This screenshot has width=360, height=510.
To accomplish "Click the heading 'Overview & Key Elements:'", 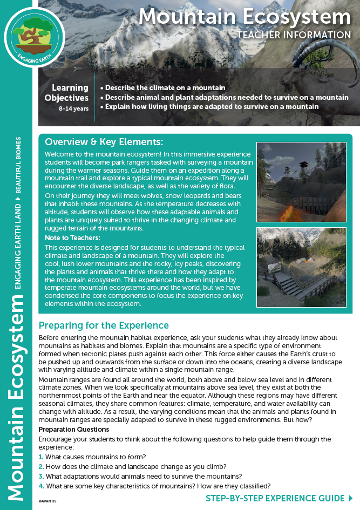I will pyautogui.click(x=104, y=142).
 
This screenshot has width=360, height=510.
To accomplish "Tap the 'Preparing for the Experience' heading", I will pyautogui.click(x=104, y=325).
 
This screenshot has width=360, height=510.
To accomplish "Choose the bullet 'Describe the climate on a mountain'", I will pyautogui.click(x=165, y=87).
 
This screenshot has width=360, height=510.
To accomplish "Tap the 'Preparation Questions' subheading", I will pyautogui.click(x=74, y=430).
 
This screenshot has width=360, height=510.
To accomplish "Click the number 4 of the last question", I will pyautogui.click(x=40, y=486).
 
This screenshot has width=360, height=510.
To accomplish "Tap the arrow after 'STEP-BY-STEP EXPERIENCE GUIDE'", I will pyautogui.click(x=351, y=498).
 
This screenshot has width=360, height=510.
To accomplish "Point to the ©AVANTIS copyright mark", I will pyautogui.click(x=47, y=501).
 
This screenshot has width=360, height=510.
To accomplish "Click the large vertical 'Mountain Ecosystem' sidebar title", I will pyautogui.click(x=18, y=399).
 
